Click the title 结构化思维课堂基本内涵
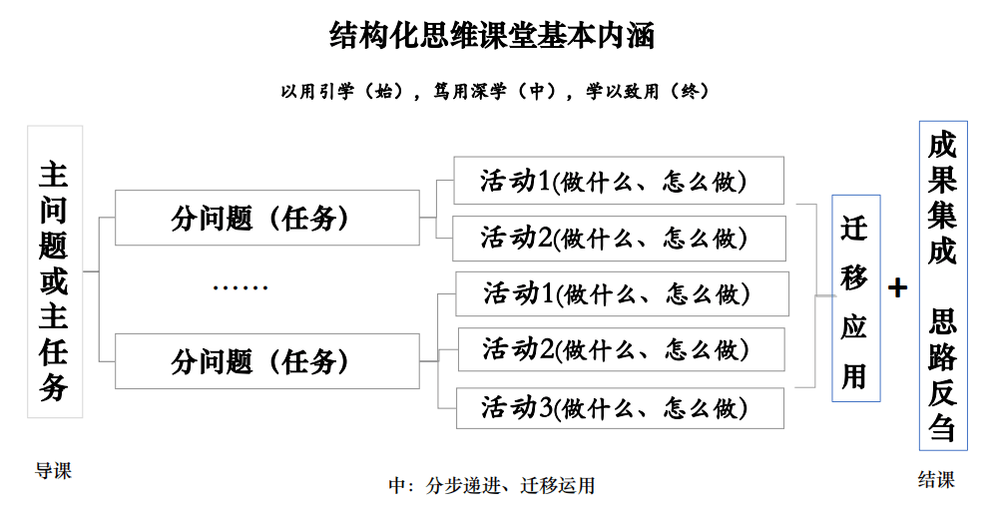coord(492,37)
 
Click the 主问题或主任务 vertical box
coord(54,271)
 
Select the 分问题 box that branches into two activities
coord(266,218)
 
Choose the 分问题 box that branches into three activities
coord(266,361)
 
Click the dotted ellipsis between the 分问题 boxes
coord(241,288)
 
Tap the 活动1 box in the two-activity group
coord(618,181)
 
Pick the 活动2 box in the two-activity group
coord(618,238)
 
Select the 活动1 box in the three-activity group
coord(622,293)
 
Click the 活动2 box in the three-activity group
coord(621,349)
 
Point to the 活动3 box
coord(620,408)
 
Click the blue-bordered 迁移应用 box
coord(855,298)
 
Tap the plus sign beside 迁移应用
coord(898,288)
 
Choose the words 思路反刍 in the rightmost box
coord(942,373)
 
